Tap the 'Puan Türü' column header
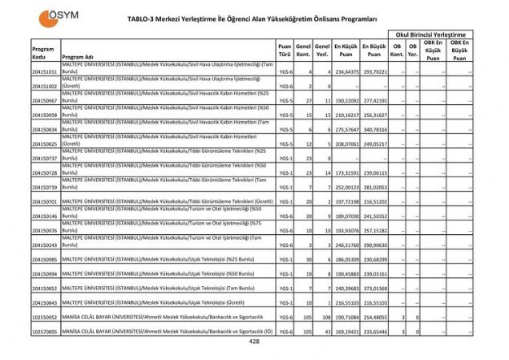(x=284, y=51)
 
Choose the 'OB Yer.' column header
(x=413, y=51)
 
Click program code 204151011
(x=45, y=72)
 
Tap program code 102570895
(x=45, y=332)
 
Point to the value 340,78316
(x=374, y=130)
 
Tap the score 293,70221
(x=374, y=72)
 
